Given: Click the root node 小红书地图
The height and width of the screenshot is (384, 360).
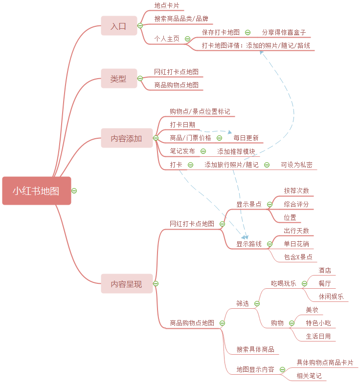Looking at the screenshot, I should [37, 191].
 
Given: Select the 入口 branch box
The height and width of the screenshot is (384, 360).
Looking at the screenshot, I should [118, 26].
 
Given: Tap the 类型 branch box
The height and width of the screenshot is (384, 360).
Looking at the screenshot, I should [118, 79].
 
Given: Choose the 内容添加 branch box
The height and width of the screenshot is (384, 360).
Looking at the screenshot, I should [126, 138].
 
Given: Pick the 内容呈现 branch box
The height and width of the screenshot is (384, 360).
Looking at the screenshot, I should [126, 284].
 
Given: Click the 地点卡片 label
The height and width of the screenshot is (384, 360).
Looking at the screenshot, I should [167, 6].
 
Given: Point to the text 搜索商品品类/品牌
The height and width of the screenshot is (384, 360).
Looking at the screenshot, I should [181, 19].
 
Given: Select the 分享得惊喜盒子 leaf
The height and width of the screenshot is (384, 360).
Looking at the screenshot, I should [284, 32].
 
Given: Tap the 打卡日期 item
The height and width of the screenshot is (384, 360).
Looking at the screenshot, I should [182, 125].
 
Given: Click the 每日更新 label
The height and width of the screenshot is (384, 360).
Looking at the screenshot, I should [246, 138].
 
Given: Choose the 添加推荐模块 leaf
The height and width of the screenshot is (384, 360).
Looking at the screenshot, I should [236, 151].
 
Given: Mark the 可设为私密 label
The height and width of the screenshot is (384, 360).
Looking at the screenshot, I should [296, 165].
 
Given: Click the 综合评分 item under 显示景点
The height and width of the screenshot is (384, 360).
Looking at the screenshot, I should [296, 204].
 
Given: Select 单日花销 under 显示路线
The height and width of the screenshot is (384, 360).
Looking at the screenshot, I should [296, 244].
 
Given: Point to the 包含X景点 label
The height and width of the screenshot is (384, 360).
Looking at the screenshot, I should [298, 257].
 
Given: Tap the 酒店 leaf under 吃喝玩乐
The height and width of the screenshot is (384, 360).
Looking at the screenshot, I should [325, 270].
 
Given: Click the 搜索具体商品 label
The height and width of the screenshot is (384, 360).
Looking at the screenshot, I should [255, 349].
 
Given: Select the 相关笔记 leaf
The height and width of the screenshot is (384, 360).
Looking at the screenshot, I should [309, 376].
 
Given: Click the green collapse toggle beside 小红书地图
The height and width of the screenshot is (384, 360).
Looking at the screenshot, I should [74, 191].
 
